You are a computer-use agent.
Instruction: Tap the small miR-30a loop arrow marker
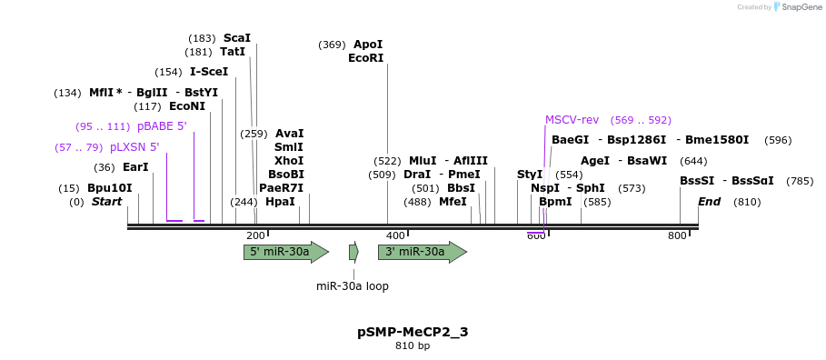(353, 252)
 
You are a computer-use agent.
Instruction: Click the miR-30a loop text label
(353, 286)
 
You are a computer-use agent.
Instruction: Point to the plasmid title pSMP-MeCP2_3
(413, 332)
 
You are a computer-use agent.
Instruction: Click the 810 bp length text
(413, 346)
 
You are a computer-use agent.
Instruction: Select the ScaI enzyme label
(236, 38)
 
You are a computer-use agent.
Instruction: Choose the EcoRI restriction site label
(365, 58)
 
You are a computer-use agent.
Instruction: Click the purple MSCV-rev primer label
(572, 120)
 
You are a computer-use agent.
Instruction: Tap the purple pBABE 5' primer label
(162, 126)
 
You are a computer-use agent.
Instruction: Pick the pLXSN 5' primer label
(134, 147)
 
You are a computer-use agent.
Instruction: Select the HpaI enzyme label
(280, 202)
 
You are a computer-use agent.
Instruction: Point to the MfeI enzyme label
(453, 202)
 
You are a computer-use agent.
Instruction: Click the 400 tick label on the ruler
(395, 235)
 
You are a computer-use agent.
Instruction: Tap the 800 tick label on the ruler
(677, 235)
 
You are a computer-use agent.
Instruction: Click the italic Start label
(106, 202)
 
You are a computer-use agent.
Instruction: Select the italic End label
(709, 202)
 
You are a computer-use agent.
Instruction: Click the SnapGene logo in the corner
(798, 7)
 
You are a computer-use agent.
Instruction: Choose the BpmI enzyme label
(555, 202)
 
